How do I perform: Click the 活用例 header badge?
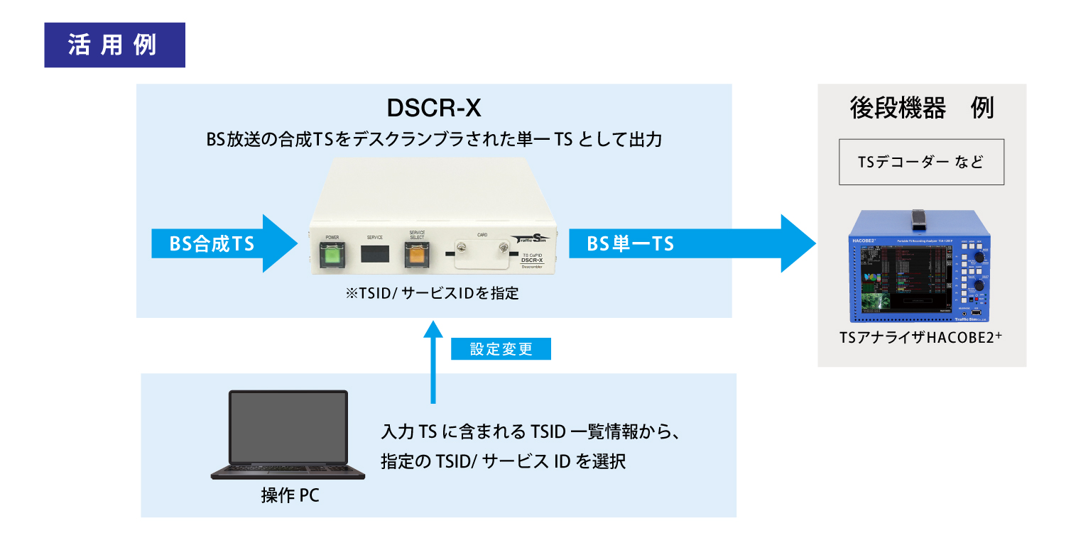(114, 45)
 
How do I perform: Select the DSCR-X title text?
(434, 108)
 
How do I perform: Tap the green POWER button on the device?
(331, 255)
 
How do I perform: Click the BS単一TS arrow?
(689, 243)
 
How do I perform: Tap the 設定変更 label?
(501, 350)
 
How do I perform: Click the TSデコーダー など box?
(921, 162)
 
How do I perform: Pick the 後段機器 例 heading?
(921, 109)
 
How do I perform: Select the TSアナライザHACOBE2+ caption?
(920, 339)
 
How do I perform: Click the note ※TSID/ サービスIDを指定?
(434, 293)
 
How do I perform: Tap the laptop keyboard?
(288, 471)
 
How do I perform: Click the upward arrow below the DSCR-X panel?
(433, 362)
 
